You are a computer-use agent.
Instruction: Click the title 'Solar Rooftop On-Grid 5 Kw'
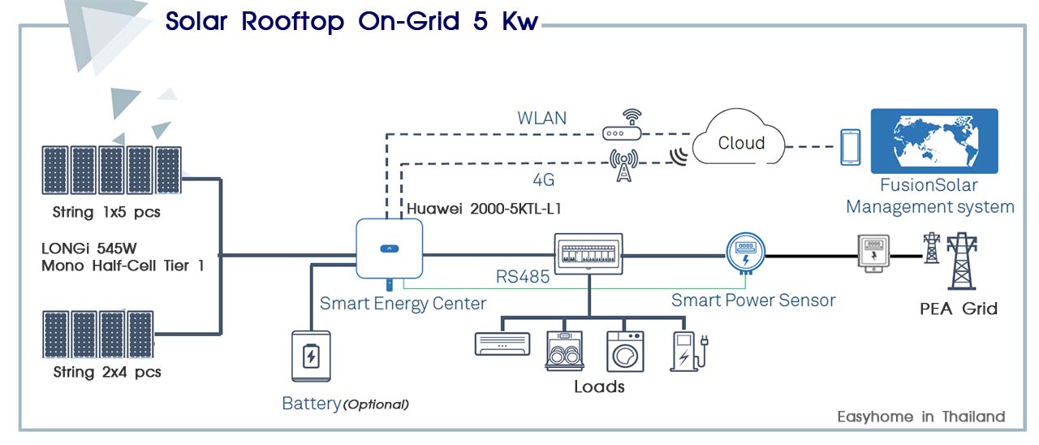point(351,21)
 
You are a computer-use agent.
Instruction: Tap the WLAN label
point(541,119)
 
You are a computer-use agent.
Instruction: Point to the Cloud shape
point(740,143)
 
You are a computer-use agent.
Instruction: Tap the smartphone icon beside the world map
point(850,147)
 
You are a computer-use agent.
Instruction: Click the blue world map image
point(933,142)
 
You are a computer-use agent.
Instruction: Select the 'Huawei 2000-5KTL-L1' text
point(484,209)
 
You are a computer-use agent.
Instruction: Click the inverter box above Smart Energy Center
point(388,248)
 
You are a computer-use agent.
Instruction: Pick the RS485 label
point(522,277)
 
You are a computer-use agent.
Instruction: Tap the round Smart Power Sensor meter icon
point(744,252)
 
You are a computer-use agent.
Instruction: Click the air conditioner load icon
point(502,344)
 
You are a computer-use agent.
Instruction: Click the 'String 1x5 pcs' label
point(106,214)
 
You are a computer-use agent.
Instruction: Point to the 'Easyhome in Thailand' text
point(920,417)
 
